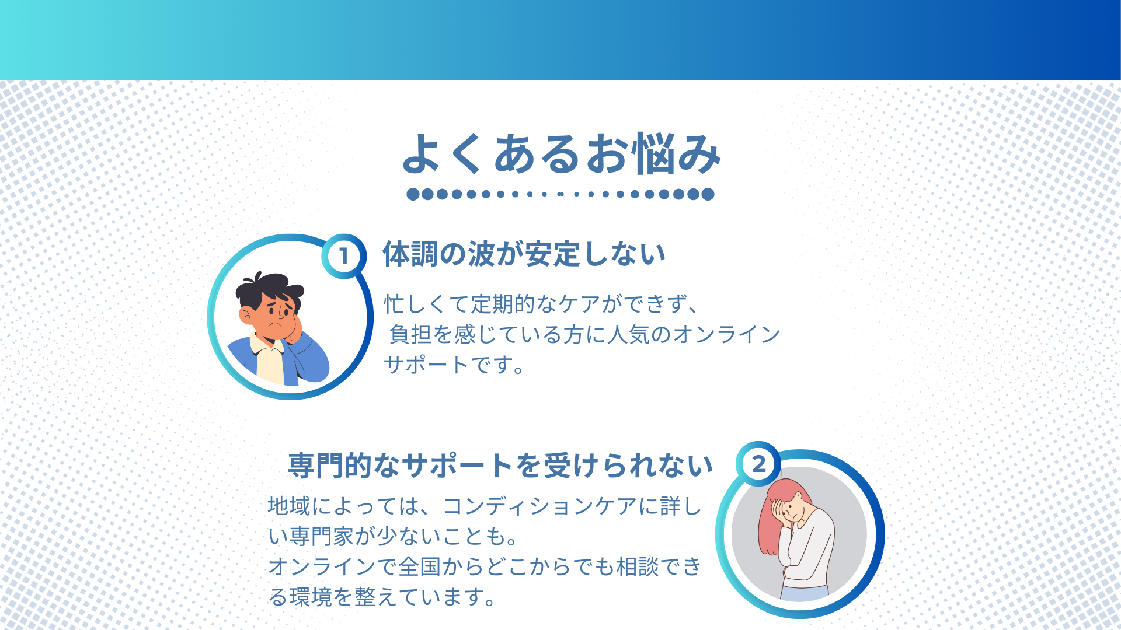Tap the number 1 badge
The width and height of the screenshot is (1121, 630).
344,256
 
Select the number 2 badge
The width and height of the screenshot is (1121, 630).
758,464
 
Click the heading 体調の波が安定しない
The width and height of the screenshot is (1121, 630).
524,254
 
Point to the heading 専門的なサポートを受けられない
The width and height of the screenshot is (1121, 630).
500,466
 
